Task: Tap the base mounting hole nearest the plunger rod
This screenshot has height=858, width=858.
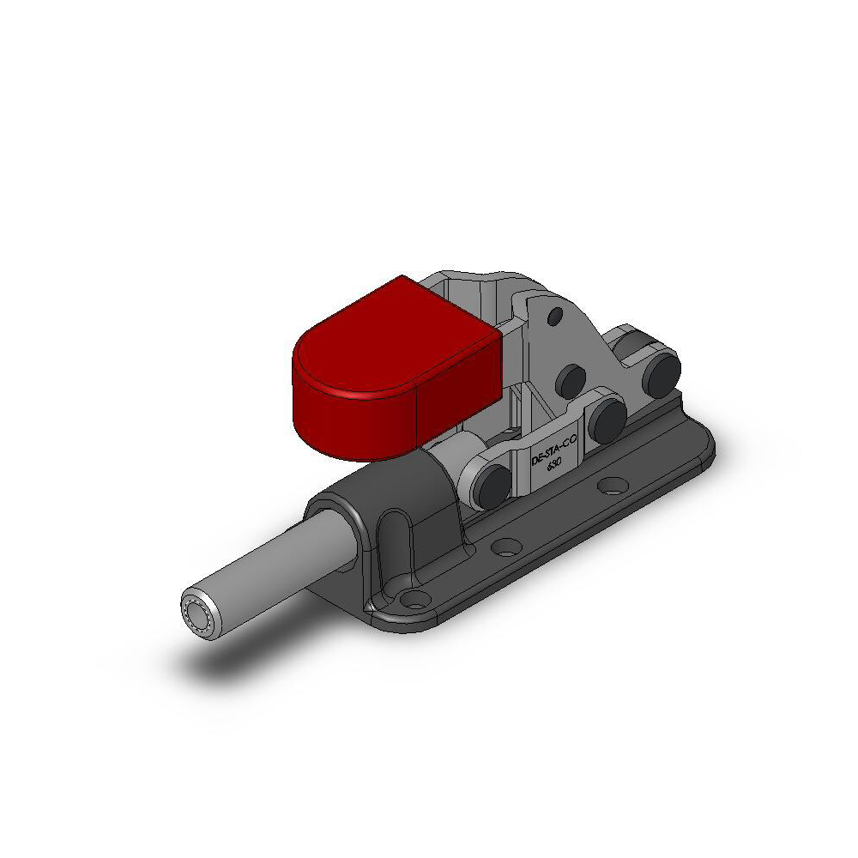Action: [x=417, y=598]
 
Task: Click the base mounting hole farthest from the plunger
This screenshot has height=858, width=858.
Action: [x=610, y=486]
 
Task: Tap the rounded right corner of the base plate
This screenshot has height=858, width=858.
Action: [x=705, y=443]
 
